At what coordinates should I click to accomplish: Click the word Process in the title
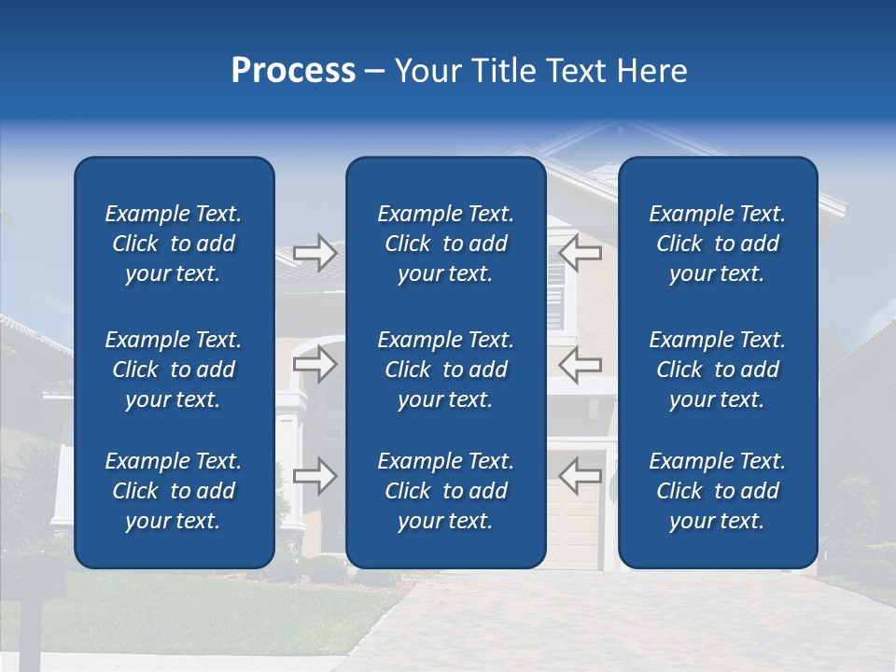click(x=293, y=71)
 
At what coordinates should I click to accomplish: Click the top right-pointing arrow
click(x=315, y=252)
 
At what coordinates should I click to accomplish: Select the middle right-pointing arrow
click(x=315, y=364)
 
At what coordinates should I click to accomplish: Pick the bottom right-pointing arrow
click(x=315, y=475)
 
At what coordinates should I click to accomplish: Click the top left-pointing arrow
click(x=580, y=252)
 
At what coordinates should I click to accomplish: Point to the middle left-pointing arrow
click(x=580, y=364)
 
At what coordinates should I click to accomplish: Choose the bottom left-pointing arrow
click(x=580, y=475)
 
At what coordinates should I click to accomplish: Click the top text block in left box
click(x=174, y=244)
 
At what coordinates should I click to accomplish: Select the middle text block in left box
click(x=174, y=370)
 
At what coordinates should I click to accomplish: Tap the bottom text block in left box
click(x=174, y=491)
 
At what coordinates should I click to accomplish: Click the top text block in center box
click(x=445, y=244)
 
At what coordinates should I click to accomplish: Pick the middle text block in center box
click(x=445, y=370)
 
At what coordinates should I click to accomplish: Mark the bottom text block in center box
click(x=445, y=491)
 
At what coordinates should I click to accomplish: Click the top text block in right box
click(x=717, y=244)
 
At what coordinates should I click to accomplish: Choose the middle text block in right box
click(x=717, y=370)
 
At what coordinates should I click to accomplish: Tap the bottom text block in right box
click(x=717, y=491)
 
